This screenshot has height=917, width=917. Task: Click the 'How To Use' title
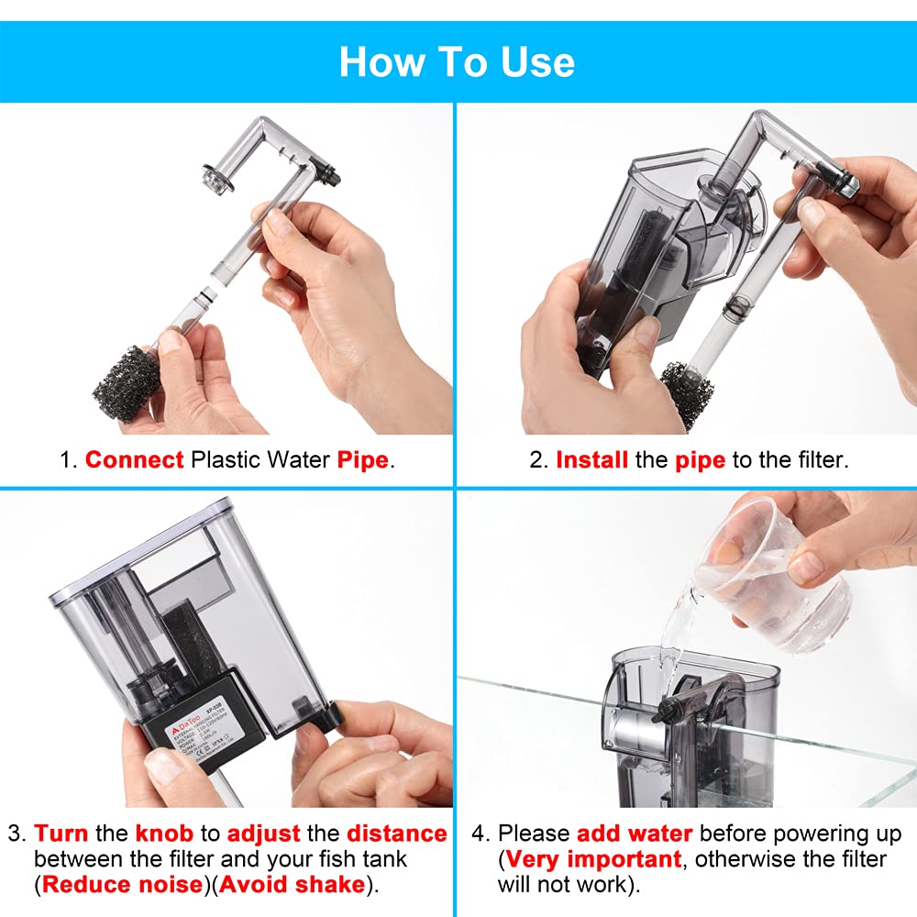click(x=457, y=61)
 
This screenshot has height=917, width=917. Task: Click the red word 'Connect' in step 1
click(x=134, y=459)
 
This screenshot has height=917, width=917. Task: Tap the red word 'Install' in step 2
click(x=592, y=459)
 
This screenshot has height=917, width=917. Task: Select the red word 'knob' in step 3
click(x=164, y=834)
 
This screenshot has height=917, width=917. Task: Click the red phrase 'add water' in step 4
click(x=635, y=834)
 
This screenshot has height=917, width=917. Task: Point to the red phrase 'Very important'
click(x=592, y=859)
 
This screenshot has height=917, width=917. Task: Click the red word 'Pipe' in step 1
click(x=362, y=459)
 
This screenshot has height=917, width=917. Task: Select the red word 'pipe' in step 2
click(x=700, y=459)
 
